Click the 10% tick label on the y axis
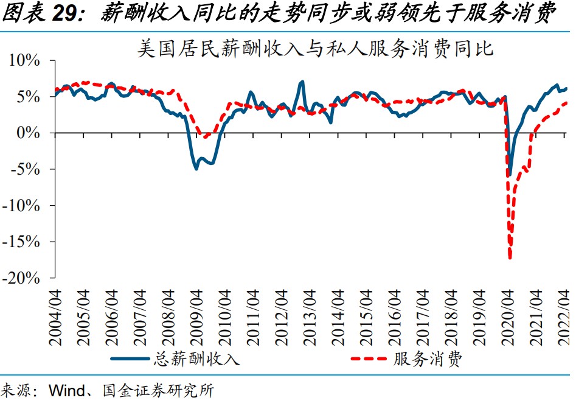tap(24, 61)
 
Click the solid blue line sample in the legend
tap(130, 360)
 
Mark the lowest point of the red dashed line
tap(510, 258)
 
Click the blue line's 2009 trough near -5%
tap(196, 168)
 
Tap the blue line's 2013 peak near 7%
tap(302, 81)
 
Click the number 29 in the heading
tap(69, 13)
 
